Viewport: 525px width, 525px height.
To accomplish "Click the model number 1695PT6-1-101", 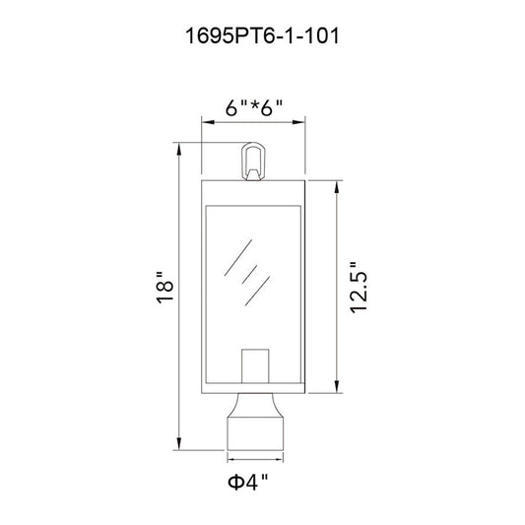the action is pos(262,35).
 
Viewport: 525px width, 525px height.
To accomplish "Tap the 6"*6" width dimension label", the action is pos(254,107).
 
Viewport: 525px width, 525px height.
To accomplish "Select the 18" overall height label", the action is pos(164,288).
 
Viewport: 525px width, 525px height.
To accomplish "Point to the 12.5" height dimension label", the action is pos(359,288).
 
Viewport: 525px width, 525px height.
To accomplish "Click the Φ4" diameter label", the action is pos(248,482).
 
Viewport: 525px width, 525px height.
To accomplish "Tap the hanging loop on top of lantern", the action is pos(253,162).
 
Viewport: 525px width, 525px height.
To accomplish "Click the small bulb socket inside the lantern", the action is pos(255,366).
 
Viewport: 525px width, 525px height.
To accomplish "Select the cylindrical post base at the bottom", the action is pos(255,433).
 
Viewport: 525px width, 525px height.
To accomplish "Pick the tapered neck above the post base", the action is pos(255,405).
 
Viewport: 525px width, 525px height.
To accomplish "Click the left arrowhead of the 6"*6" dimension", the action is pos(208,122).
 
